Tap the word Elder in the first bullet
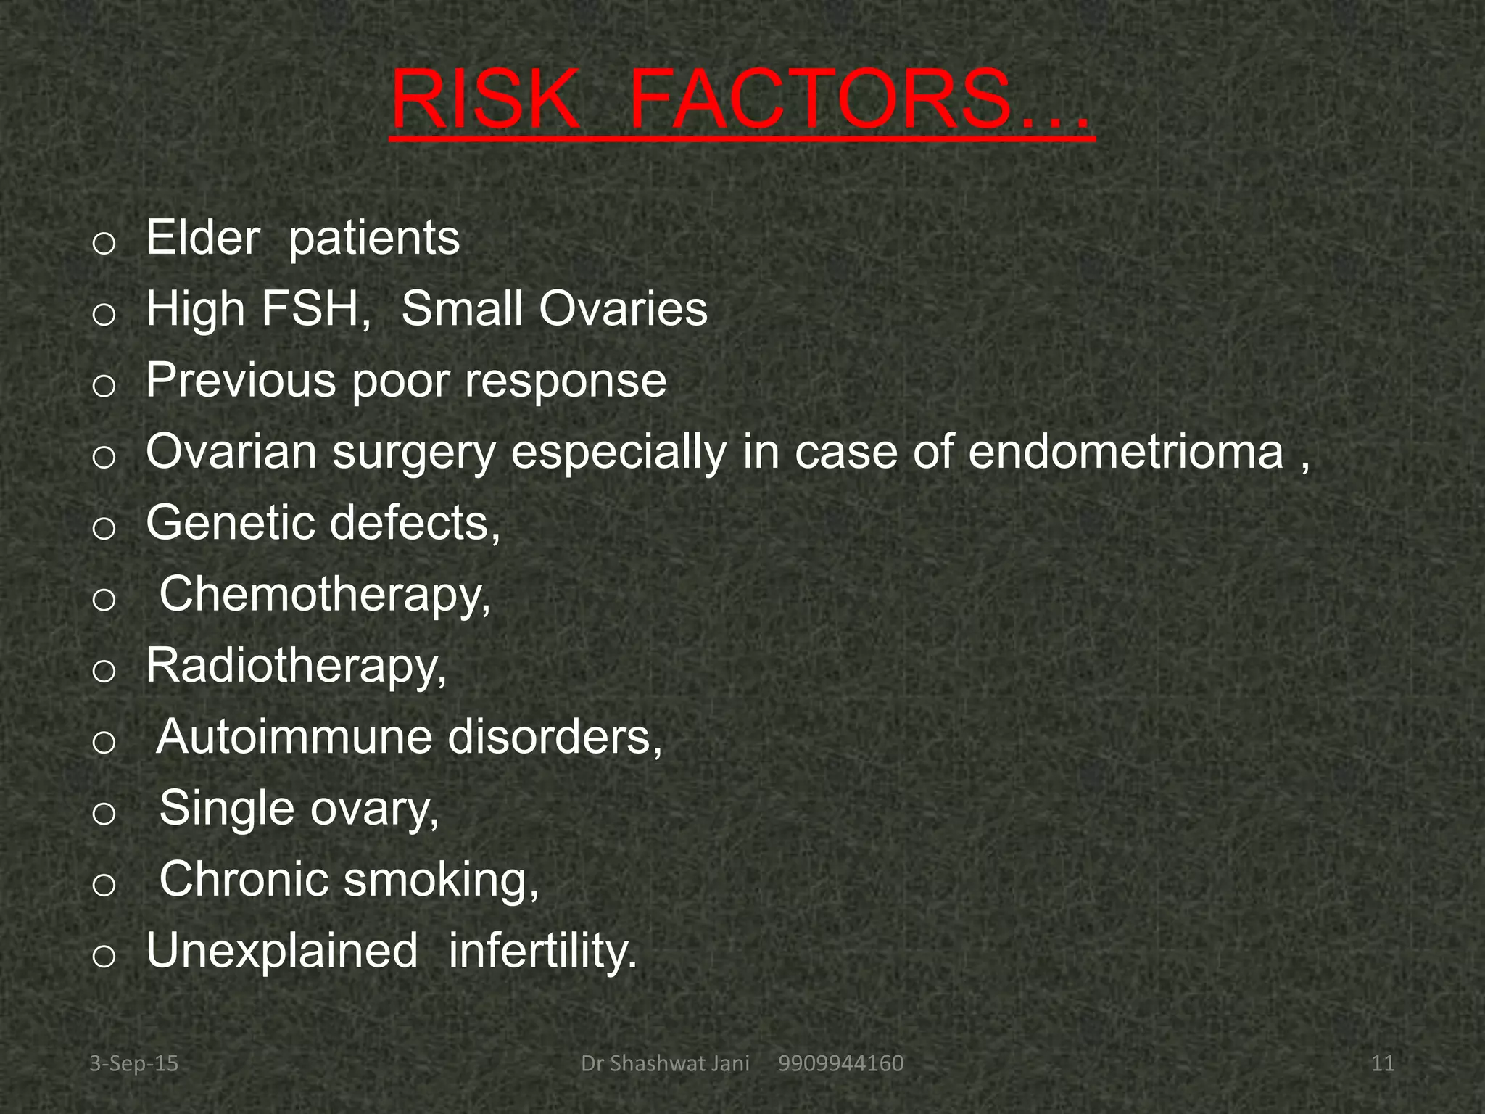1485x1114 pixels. click(202, 238)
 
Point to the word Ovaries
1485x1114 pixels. click(622, 309)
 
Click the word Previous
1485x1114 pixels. click(241, 380)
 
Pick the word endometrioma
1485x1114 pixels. click(1125, 451)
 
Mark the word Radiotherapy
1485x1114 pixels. click(296, 665)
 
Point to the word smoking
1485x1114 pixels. click(441, 880)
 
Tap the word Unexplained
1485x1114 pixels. click(282, 951)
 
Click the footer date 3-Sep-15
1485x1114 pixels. click(133, 1064)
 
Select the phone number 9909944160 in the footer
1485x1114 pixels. click(840, 1064)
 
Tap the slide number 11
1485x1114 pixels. click(1383, 1064)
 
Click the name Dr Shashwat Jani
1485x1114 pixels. click(665, 1064)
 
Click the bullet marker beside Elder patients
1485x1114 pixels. click(104, 244)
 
